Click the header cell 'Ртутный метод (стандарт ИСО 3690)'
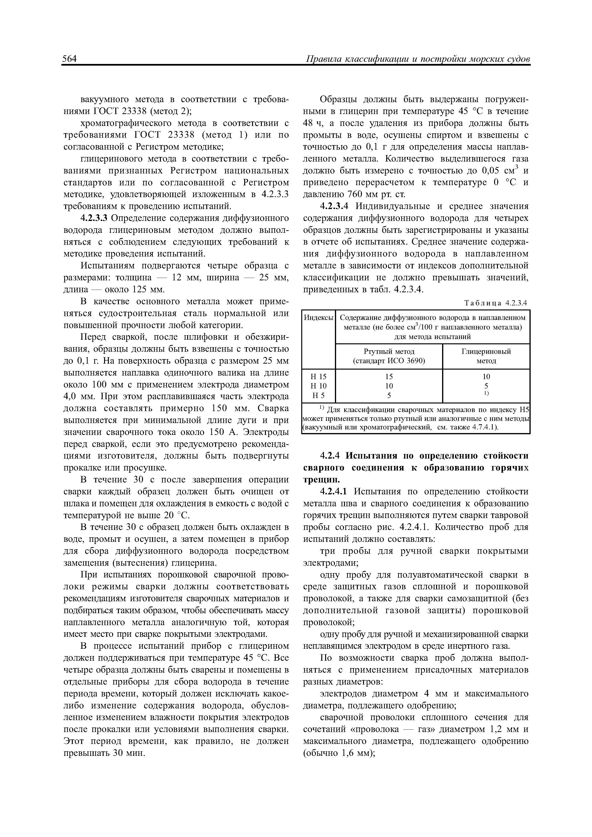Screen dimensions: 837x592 pos(389,356)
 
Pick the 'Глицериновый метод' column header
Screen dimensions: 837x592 pos(486,356)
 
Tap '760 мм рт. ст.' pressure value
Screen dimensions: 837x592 pos(377,194)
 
